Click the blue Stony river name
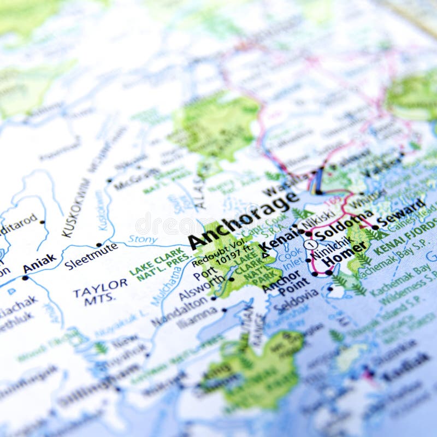coord(143,239)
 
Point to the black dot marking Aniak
coord(25,277)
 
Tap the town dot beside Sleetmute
coord(99,245)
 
